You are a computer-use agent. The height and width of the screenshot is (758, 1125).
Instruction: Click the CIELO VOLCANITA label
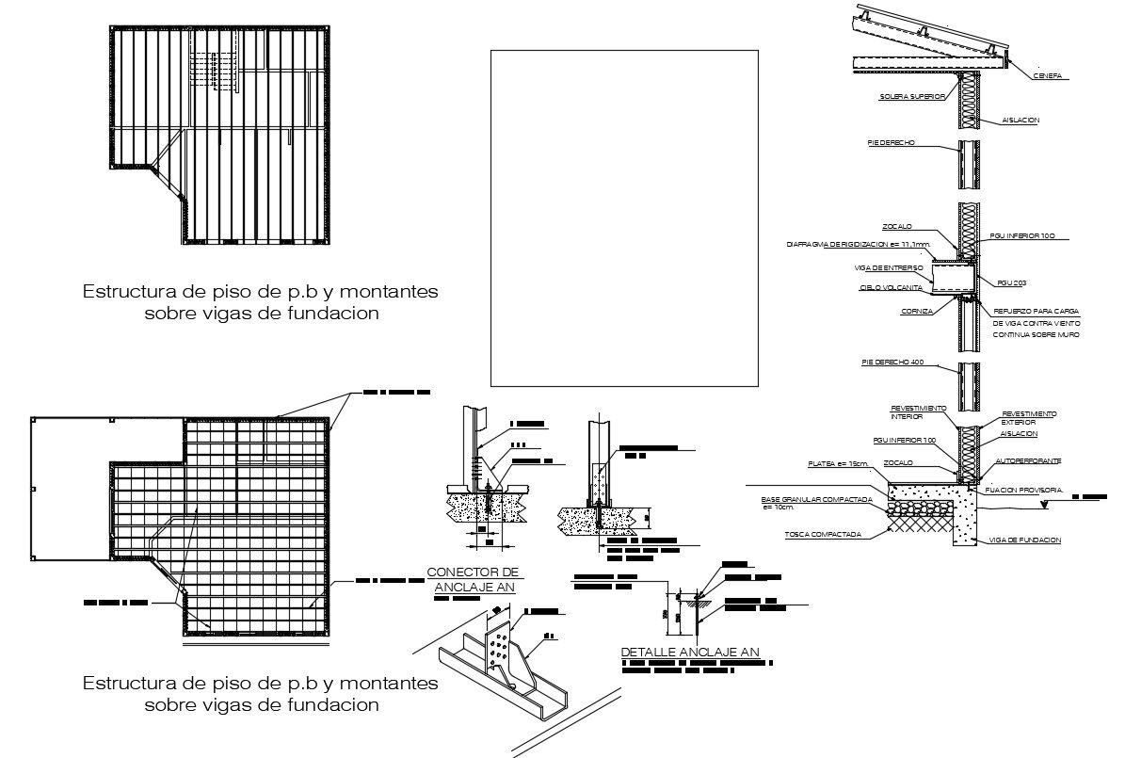click(891, 287)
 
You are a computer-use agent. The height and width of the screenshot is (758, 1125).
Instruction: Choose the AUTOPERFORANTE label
click(1027, 461)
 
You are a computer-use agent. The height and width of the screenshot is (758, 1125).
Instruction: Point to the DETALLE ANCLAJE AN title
click(690, 652)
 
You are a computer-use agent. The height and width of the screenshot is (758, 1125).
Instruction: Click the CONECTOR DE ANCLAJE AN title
click(473, 578)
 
